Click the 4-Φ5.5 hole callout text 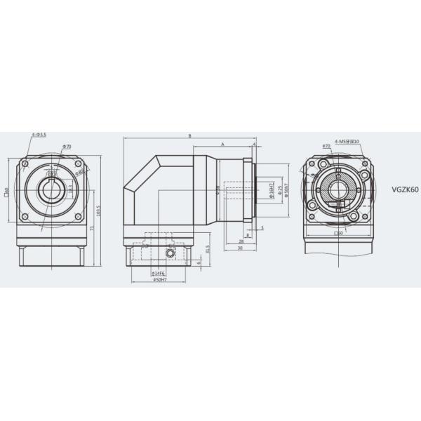[x=39, y=134]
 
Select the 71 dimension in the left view [x=92, y=226]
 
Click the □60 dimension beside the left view [x=6, y=189]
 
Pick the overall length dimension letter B [x=189, y=135]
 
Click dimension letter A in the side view [x=222, y=143]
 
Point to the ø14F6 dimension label [x=159, y=273]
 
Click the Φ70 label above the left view [x=67, y=146]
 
